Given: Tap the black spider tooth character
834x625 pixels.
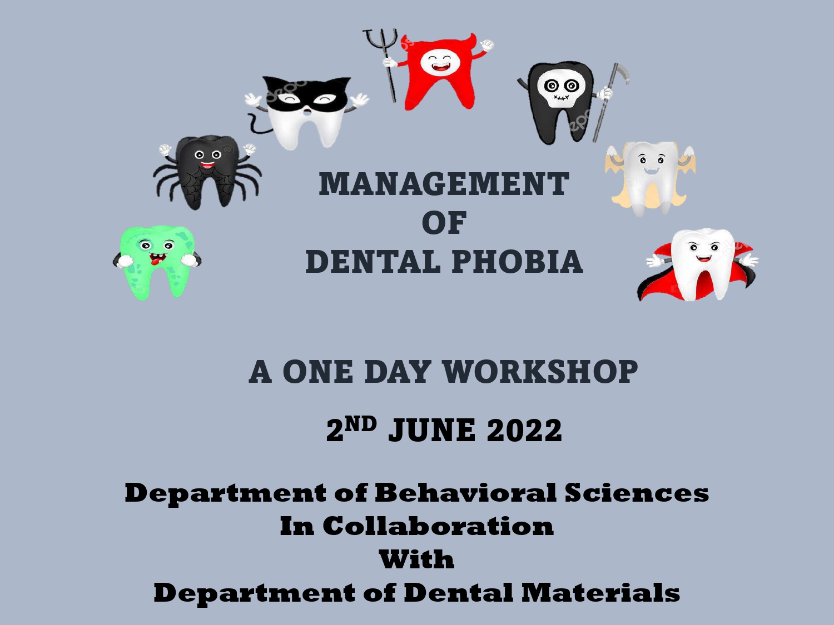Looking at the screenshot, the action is pyautogui.click(x=207, y=173).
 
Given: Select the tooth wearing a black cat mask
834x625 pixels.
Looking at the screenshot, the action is pyautogui.click(x=306, y=112).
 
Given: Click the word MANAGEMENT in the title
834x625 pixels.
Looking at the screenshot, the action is pyautogui.click(x=444, y=184).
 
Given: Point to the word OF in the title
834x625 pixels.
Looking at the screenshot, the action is pyautogui.click(x=444, y=223).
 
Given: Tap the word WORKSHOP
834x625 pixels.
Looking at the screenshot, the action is pyautogui.click(x=540, y=371).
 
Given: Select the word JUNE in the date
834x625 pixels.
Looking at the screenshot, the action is pyautogui.click(x=431, y=431).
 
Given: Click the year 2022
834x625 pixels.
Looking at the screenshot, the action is pyautogui.click(x=524, y=430).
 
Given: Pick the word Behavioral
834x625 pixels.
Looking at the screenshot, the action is pyautogui.click(x=466, y=493).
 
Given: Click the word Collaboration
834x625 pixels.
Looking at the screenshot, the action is pyautogui.click(x=438, y=526).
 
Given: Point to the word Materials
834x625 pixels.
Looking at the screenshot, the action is pyautogui.click(x=600, y=592).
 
